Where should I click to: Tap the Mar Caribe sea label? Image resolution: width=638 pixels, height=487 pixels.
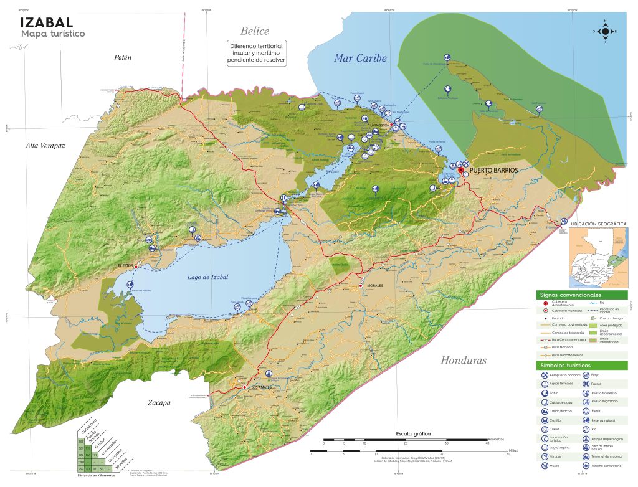(x=360, y=59)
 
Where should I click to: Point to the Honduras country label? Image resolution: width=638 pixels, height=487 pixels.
(x=464, y=361)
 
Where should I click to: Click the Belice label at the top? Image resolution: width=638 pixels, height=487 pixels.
(x=255, y=31)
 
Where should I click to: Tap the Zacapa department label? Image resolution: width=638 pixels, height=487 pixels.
(x=159, y=403)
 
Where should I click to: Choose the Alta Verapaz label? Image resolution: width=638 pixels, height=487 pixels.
(x=45, y=146)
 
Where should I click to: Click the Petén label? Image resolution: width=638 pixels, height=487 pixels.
(x=123, y=58)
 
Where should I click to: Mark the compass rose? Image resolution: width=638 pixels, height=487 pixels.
(x=604, y=32)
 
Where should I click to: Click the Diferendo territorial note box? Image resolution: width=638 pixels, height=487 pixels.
(x=256, y=55)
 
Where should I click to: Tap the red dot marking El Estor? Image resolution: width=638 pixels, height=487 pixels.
(x=136, y=266)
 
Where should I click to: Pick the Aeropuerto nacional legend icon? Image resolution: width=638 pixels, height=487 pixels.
(x=545, y=375)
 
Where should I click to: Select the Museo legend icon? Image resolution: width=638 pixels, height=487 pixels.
(x=545, y=466)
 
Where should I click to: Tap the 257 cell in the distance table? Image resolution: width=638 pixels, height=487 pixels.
(x=81, y=468)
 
